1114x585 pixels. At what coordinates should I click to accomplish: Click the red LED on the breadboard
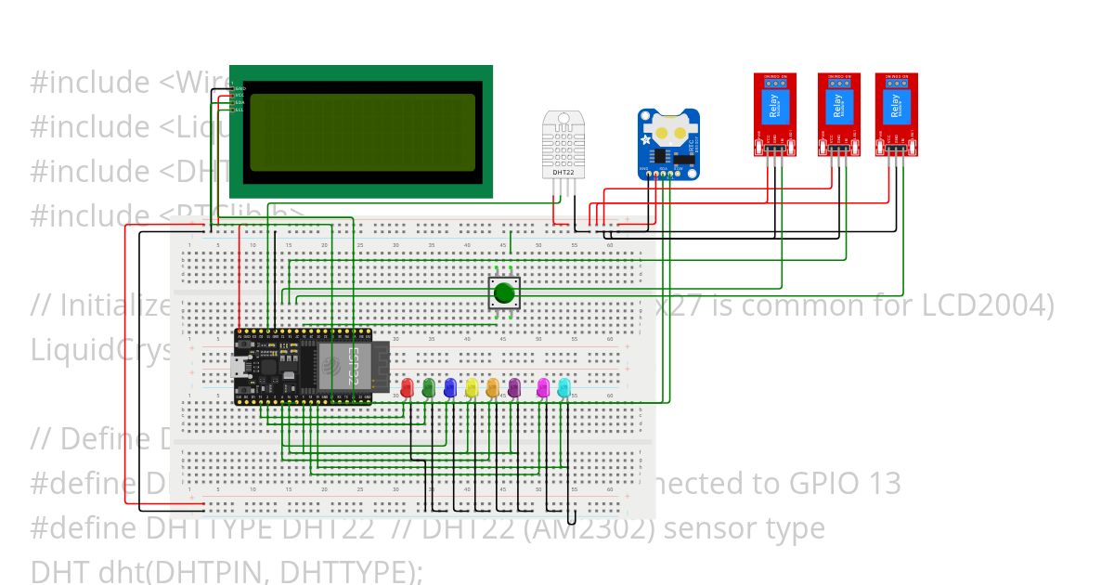pyautogui.click(x=407, y=387)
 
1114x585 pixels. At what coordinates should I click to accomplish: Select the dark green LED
pyautogui.click(x=429, y=387)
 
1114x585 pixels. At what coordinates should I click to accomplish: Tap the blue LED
pyautogui.click(x=450, y=387)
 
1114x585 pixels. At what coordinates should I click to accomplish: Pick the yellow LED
pyautogui.click(x=472, y=387)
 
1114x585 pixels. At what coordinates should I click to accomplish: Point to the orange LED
pyautogui.click(x=493, y=387)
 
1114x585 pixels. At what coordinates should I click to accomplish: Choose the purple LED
pyautogui.click(x=514, y=387)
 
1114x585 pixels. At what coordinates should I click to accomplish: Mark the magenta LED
pyautogui.click(x=543, y=387)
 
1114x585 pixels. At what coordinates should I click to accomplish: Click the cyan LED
pyautogui.click(x=563, y=387)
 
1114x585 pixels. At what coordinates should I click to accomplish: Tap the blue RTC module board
pyautogui.click(x=668, y=144)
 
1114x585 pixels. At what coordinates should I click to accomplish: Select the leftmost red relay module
pyautogui.click(x=774, y=113)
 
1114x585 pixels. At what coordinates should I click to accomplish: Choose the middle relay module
pyautogui.click(x=839, y=113)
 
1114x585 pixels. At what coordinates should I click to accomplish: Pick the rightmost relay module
pyautogui.click(x=896, y=113)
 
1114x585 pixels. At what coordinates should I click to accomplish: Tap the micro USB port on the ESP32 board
pyautogui.click(x=241, y=367)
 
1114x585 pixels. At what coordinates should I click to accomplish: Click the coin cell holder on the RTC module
pyautogui.click(x=667, y=130)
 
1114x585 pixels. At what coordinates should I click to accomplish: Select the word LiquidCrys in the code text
pyautogui.click(x=102, y=351)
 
